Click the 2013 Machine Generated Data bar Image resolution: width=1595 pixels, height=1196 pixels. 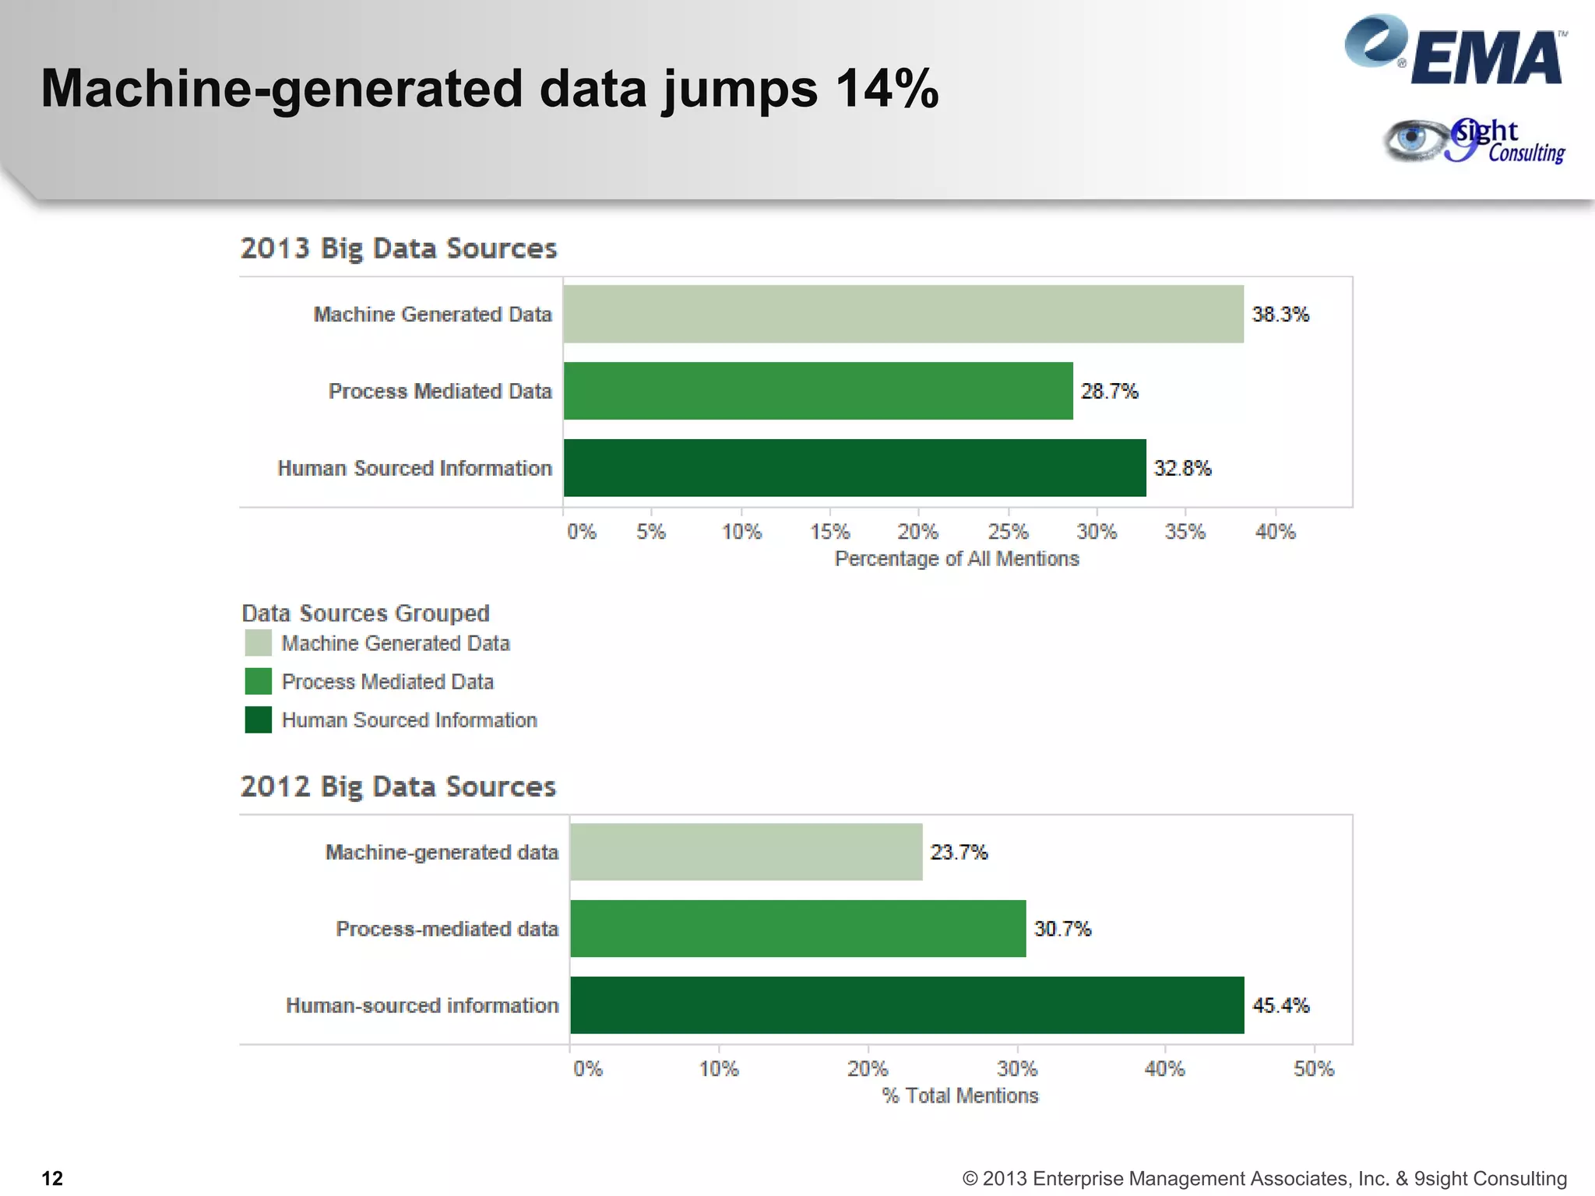point(903,314)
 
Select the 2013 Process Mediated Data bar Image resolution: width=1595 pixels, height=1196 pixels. point(818,391)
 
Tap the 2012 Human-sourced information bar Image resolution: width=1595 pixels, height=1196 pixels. point(907,1005)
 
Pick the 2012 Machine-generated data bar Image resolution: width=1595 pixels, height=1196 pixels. point(746,852)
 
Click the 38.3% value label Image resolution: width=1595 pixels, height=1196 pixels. point(1280,315)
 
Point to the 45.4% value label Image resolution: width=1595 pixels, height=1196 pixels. point(1280,1005)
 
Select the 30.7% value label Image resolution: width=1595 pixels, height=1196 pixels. point(1062,929)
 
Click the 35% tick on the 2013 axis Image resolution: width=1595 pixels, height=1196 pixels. point(1185,532)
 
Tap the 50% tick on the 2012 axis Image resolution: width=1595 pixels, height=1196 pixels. point(1314,1068)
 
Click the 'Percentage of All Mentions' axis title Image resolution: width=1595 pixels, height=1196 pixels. point(956,559)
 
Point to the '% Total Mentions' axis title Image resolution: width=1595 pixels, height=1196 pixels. point(959,1096)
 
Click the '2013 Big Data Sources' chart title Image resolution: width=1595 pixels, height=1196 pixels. point(399,248)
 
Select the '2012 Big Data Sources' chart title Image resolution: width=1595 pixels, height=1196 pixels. point(398,786)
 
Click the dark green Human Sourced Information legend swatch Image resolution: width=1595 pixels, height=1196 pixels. point(259,719)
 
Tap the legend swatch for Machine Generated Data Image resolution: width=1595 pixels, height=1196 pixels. point(259,643)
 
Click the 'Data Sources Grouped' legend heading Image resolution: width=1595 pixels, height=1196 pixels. point(365,613)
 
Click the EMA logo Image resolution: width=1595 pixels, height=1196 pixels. point(1455,51)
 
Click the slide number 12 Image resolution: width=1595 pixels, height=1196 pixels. point(52,1178)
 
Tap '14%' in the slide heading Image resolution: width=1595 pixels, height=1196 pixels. point(887,88)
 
